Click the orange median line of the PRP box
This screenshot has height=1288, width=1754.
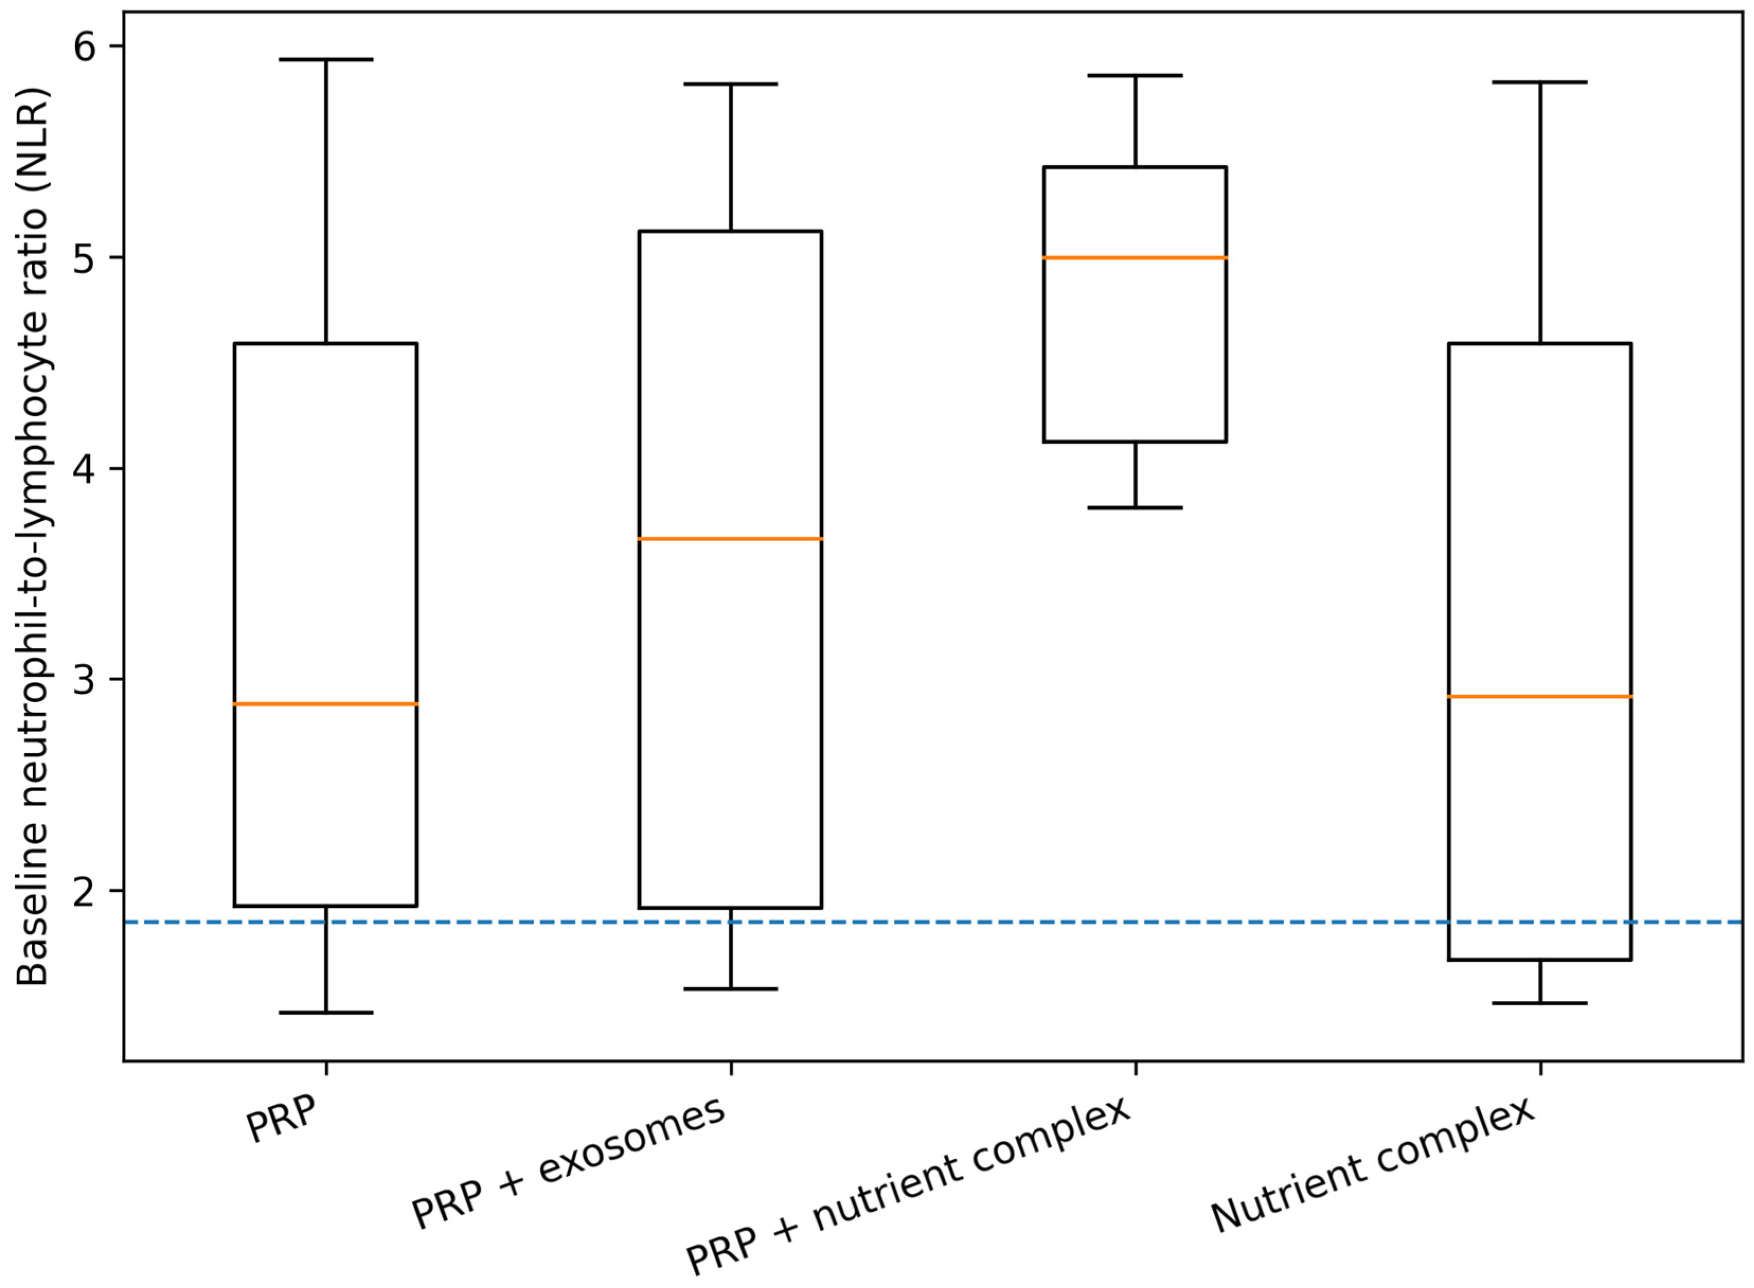tap(326, 704)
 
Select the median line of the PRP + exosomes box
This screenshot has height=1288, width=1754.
tap(730, 539)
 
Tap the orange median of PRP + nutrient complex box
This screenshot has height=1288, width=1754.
tap(1135, 257)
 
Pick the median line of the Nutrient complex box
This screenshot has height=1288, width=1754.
tap(1540, 696)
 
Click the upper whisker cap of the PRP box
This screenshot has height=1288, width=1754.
tap(326, 59)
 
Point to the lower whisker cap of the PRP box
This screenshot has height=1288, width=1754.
tap(326, 1013)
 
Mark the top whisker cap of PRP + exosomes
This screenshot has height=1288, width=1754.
tap(730, 84)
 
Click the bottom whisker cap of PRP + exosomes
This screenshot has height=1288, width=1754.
tap(730, 989)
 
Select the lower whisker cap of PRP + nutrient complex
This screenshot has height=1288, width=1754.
tap(1135, 507)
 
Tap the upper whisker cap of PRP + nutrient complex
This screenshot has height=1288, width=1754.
tap(1135, 76)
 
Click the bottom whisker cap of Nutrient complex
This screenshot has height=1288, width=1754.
tap(1540, 1003)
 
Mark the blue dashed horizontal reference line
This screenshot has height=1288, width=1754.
tap(935, 923)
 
